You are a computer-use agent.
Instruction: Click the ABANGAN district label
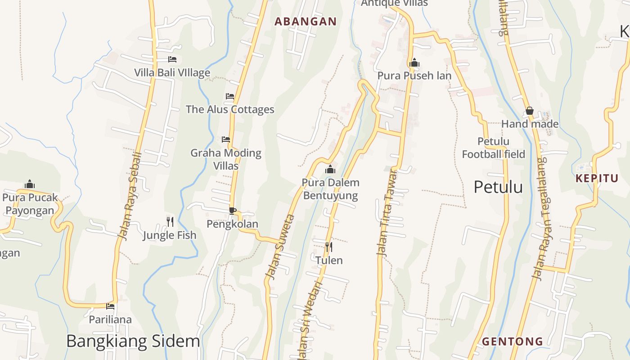pos(306,21)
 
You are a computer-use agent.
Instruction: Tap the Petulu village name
pos(498,187)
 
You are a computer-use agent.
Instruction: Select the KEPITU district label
pos(597,178)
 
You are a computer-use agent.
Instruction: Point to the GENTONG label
pos(513,342)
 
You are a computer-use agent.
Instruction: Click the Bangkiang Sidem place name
pos(133,341)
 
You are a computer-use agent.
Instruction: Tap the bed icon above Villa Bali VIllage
pos(172,59)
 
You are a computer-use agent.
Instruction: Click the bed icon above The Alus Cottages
pos(230,96)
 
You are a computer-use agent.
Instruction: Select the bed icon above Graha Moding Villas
pos(226,139)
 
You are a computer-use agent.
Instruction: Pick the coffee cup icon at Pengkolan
pos(232,211)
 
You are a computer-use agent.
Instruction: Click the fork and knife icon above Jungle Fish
pos(170,221)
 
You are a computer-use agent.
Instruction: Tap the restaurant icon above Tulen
pos(329,247)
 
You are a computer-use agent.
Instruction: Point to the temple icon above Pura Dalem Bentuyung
pos(330,169)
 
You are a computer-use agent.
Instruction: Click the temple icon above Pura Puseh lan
pos(414,62)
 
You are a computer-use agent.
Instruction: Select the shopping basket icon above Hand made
pos(530,111)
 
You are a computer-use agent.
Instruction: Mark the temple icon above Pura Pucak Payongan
pos(30,184)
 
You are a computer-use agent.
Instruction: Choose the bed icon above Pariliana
pos(110,306)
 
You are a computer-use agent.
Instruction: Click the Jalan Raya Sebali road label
pos(130,196)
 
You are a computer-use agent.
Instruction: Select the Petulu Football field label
pos(493,148)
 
